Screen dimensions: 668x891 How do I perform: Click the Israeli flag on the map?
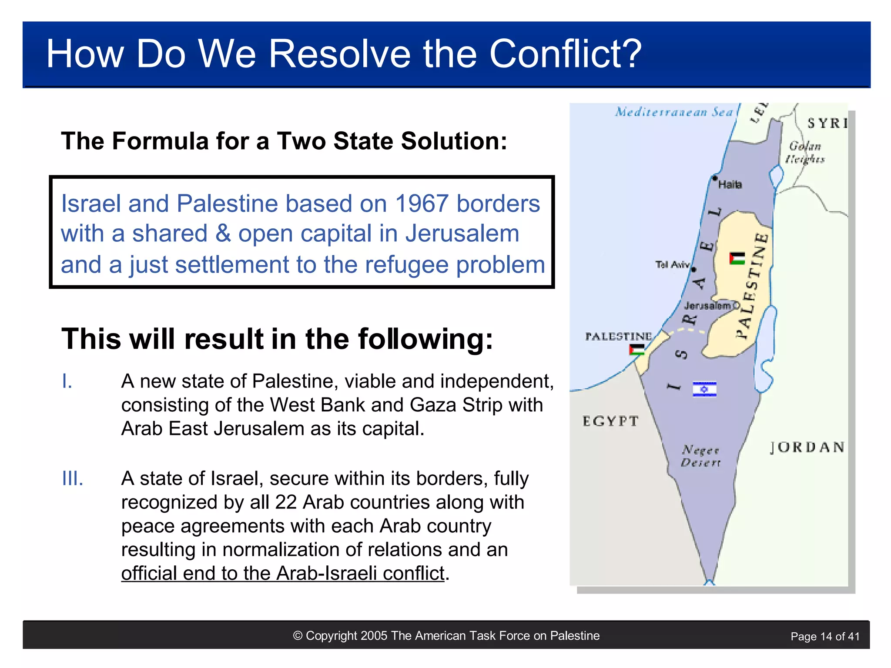click(704, 389)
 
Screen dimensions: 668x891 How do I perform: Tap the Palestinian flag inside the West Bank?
click(737, 258)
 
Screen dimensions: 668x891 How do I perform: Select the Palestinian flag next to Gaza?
click(637, 350)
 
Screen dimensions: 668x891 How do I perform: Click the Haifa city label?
click(730, 185)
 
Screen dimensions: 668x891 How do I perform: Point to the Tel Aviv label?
click(672, 264)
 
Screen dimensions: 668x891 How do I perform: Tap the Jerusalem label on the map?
click(707, 306)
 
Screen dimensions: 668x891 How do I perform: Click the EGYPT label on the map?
click(610, 421)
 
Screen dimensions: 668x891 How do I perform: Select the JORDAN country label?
click(807, 447)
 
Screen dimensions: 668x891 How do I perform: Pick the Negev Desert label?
click(700, 456)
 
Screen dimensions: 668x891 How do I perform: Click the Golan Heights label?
click(805, 153)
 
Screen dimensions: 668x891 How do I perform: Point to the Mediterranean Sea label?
click(674, 112)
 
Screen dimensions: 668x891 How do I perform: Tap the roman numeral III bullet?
click(72, 479)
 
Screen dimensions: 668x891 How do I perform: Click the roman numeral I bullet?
click(67, 381)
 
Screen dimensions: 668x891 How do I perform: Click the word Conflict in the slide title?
click(565, 54)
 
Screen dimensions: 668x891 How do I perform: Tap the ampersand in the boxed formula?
click(223, 234)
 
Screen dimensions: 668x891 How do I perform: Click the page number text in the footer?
click(825, 637)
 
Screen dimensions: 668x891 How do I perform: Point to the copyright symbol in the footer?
click(298, 636)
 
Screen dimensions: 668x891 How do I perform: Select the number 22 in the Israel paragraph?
click(285, 502)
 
